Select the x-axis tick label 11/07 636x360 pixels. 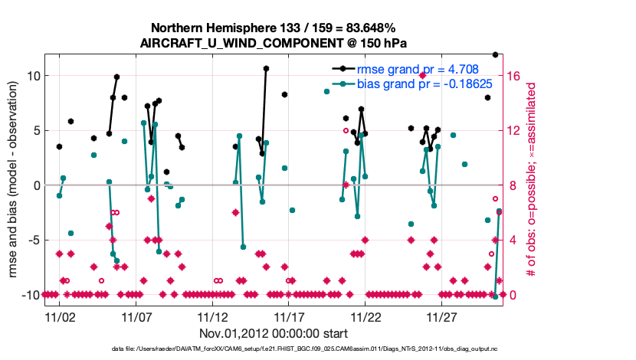tap(136, 316)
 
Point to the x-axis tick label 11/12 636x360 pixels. tap(212, 316)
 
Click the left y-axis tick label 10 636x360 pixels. tap(32, 76)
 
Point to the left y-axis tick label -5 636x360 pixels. tap(32, 241)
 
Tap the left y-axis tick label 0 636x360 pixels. tap(35, 185)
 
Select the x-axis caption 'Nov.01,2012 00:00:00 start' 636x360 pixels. tap(274, 333)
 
